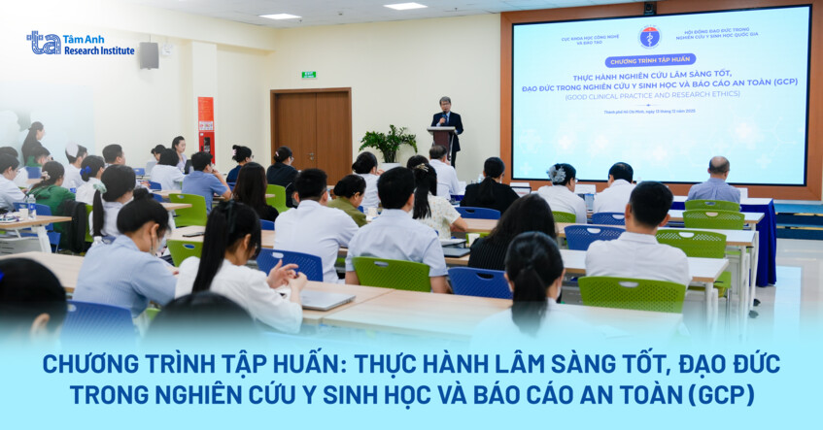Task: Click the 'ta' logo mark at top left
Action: [44, 42]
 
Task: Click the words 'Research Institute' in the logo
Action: [99, 50]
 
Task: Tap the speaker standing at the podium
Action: [446, 120]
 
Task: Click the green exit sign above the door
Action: [309, 74]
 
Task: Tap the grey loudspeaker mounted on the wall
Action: [149, 55]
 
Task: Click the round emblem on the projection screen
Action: [649, 37]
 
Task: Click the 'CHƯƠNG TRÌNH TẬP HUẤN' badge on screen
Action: [650, 61]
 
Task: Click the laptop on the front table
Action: [326, 300]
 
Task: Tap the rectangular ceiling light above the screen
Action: [405, 6]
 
